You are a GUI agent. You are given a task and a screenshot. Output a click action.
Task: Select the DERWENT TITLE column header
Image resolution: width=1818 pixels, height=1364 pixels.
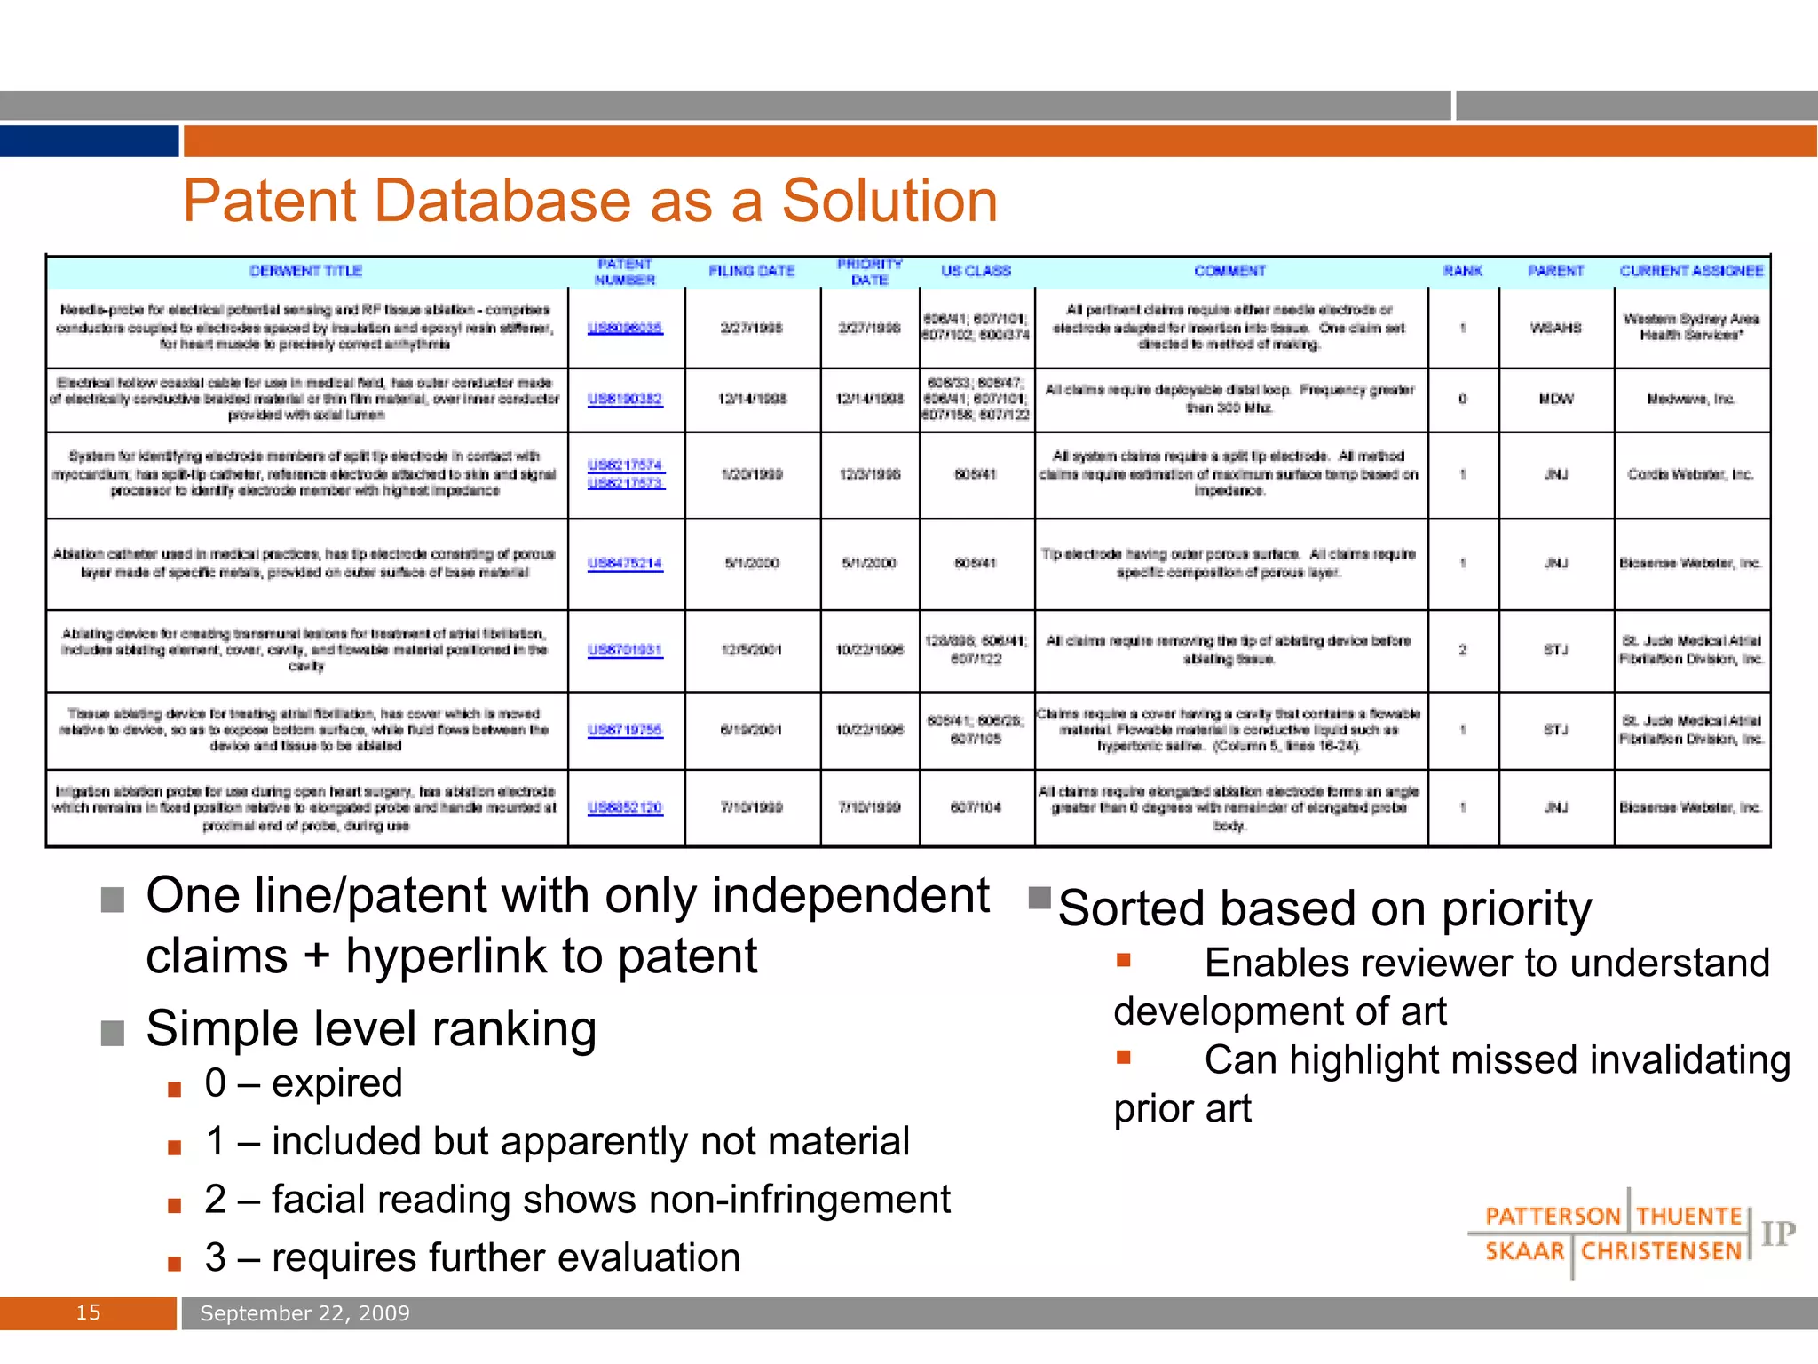point(305,271)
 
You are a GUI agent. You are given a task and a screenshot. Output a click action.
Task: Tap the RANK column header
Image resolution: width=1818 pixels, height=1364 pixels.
point(1462,271)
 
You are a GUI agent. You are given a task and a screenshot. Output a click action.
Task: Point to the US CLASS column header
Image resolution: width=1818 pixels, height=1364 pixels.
point(976,271)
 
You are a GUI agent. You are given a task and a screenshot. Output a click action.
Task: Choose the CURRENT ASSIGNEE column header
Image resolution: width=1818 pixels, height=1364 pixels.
point(1691,271)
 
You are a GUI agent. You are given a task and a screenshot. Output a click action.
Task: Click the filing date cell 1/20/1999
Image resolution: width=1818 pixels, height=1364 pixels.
point(751,474)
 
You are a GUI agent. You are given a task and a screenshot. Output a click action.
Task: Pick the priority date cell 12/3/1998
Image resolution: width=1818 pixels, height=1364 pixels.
point(869,474)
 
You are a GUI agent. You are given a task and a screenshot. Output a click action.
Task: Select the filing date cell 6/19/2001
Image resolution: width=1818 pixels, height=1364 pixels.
point(751,730)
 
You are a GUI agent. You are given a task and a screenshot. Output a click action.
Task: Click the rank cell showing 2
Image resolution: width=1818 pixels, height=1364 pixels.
point(1462,650)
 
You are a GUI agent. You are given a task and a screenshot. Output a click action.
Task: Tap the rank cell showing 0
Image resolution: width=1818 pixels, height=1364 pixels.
point(1462,399)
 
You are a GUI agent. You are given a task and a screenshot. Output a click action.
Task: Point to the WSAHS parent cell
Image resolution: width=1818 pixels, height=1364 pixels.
point(1555,328)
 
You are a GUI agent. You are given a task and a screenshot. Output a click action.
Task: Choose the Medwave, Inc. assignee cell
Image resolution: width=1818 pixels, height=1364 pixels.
point(1690,399)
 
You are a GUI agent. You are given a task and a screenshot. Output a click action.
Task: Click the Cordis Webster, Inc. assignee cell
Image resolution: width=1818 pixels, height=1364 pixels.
point(1690,474)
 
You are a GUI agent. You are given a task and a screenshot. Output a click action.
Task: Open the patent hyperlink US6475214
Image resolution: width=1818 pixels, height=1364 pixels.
point(625,563)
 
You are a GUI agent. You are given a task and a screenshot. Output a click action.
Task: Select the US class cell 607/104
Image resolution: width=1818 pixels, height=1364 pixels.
point(976,807)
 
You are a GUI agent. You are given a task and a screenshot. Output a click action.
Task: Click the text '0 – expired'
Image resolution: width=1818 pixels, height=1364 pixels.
point(304,1083)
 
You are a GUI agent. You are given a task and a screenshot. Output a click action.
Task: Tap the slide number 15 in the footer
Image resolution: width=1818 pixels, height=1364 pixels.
point(88,1312)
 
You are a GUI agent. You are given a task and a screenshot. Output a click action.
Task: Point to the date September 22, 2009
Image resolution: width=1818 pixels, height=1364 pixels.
point(304,1313)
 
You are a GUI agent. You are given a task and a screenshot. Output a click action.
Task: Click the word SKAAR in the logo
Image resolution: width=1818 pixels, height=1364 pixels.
point(1524,1251)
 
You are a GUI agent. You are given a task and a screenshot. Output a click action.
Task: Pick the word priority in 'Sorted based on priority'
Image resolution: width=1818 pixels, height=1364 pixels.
point(1516,909)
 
